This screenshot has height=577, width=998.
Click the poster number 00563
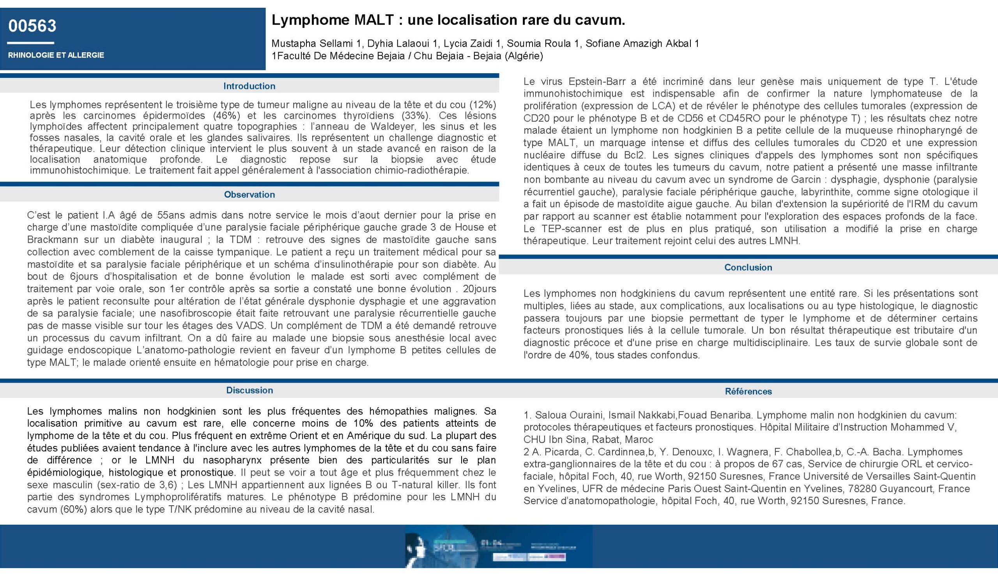32,26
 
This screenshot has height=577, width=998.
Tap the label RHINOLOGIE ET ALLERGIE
56,55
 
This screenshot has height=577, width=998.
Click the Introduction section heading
249,86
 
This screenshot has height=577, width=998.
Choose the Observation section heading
249,194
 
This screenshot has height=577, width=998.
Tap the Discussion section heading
249,390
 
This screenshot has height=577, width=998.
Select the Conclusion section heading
748,268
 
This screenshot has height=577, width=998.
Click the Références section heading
748,392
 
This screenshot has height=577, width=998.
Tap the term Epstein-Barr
597,82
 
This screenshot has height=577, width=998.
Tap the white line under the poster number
30,43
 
